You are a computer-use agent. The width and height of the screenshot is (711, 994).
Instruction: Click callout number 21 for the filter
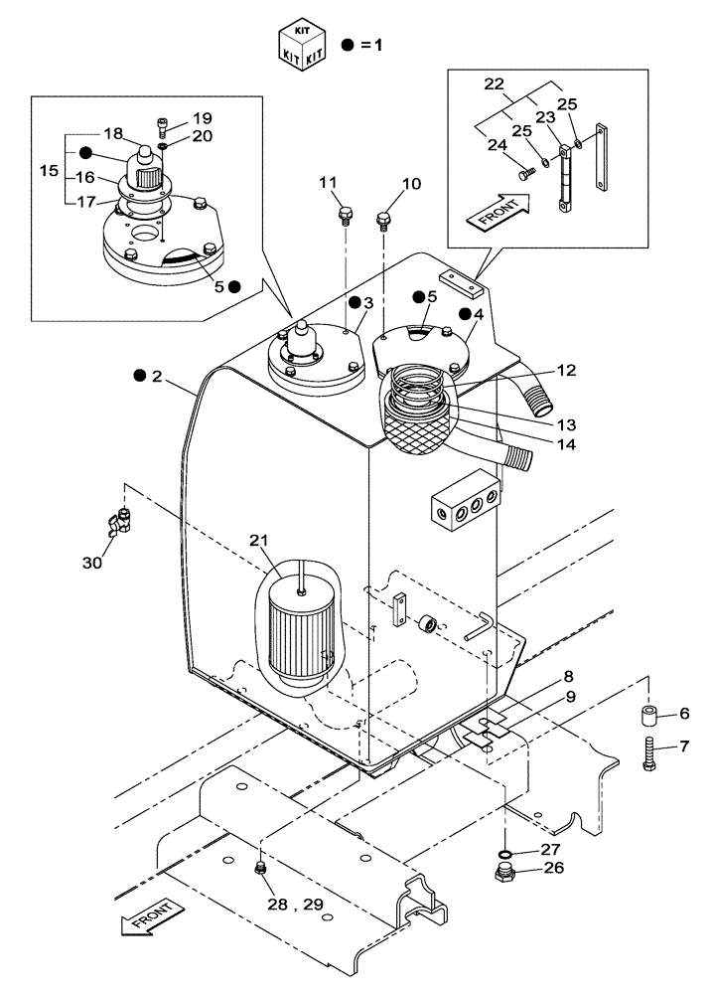point(260,541)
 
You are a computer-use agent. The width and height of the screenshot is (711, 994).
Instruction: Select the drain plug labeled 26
point(505,876)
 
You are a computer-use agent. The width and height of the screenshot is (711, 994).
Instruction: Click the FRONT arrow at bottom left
point(148,915)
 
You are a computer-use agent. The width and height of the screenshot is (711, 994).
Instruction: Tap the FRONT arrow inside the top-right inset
point(502,212)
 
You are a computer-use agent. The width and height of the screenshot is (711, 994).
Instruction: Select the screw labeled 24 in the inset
point(527,173)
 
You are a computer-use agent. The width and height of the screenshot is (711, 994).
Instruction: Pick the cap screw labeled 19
point(164,125)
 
